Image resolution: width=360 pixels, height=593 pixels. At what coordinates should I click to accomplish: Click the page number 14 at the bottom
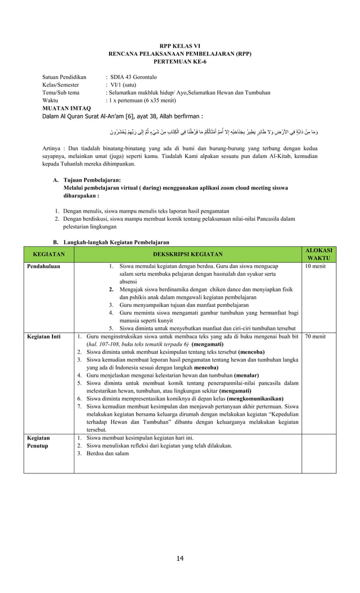(180, 559)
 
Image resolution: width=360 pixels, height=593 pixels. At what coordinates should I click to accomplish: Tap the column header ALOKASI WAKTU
(319, 254)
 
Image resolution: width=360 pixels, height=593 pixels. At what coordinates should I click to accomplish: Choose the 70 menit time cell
(314, 337)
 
